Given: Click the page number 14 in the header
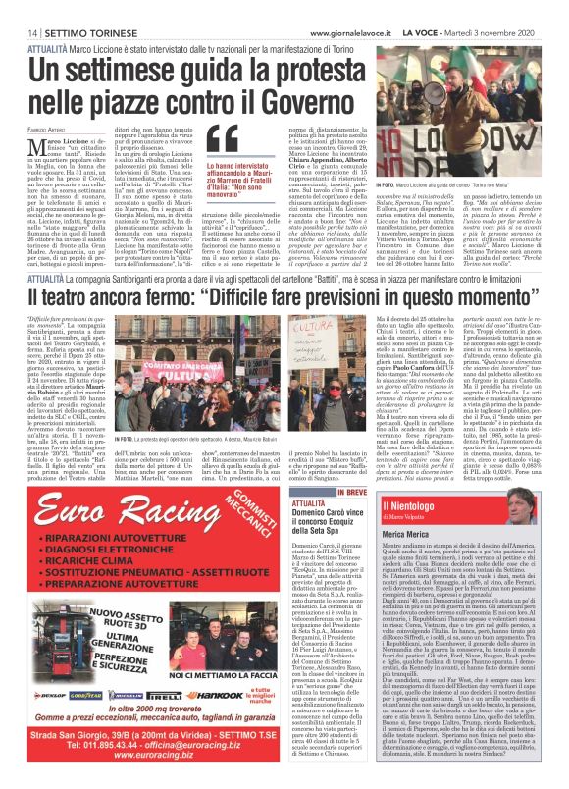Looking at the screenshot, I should point(19,8).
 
